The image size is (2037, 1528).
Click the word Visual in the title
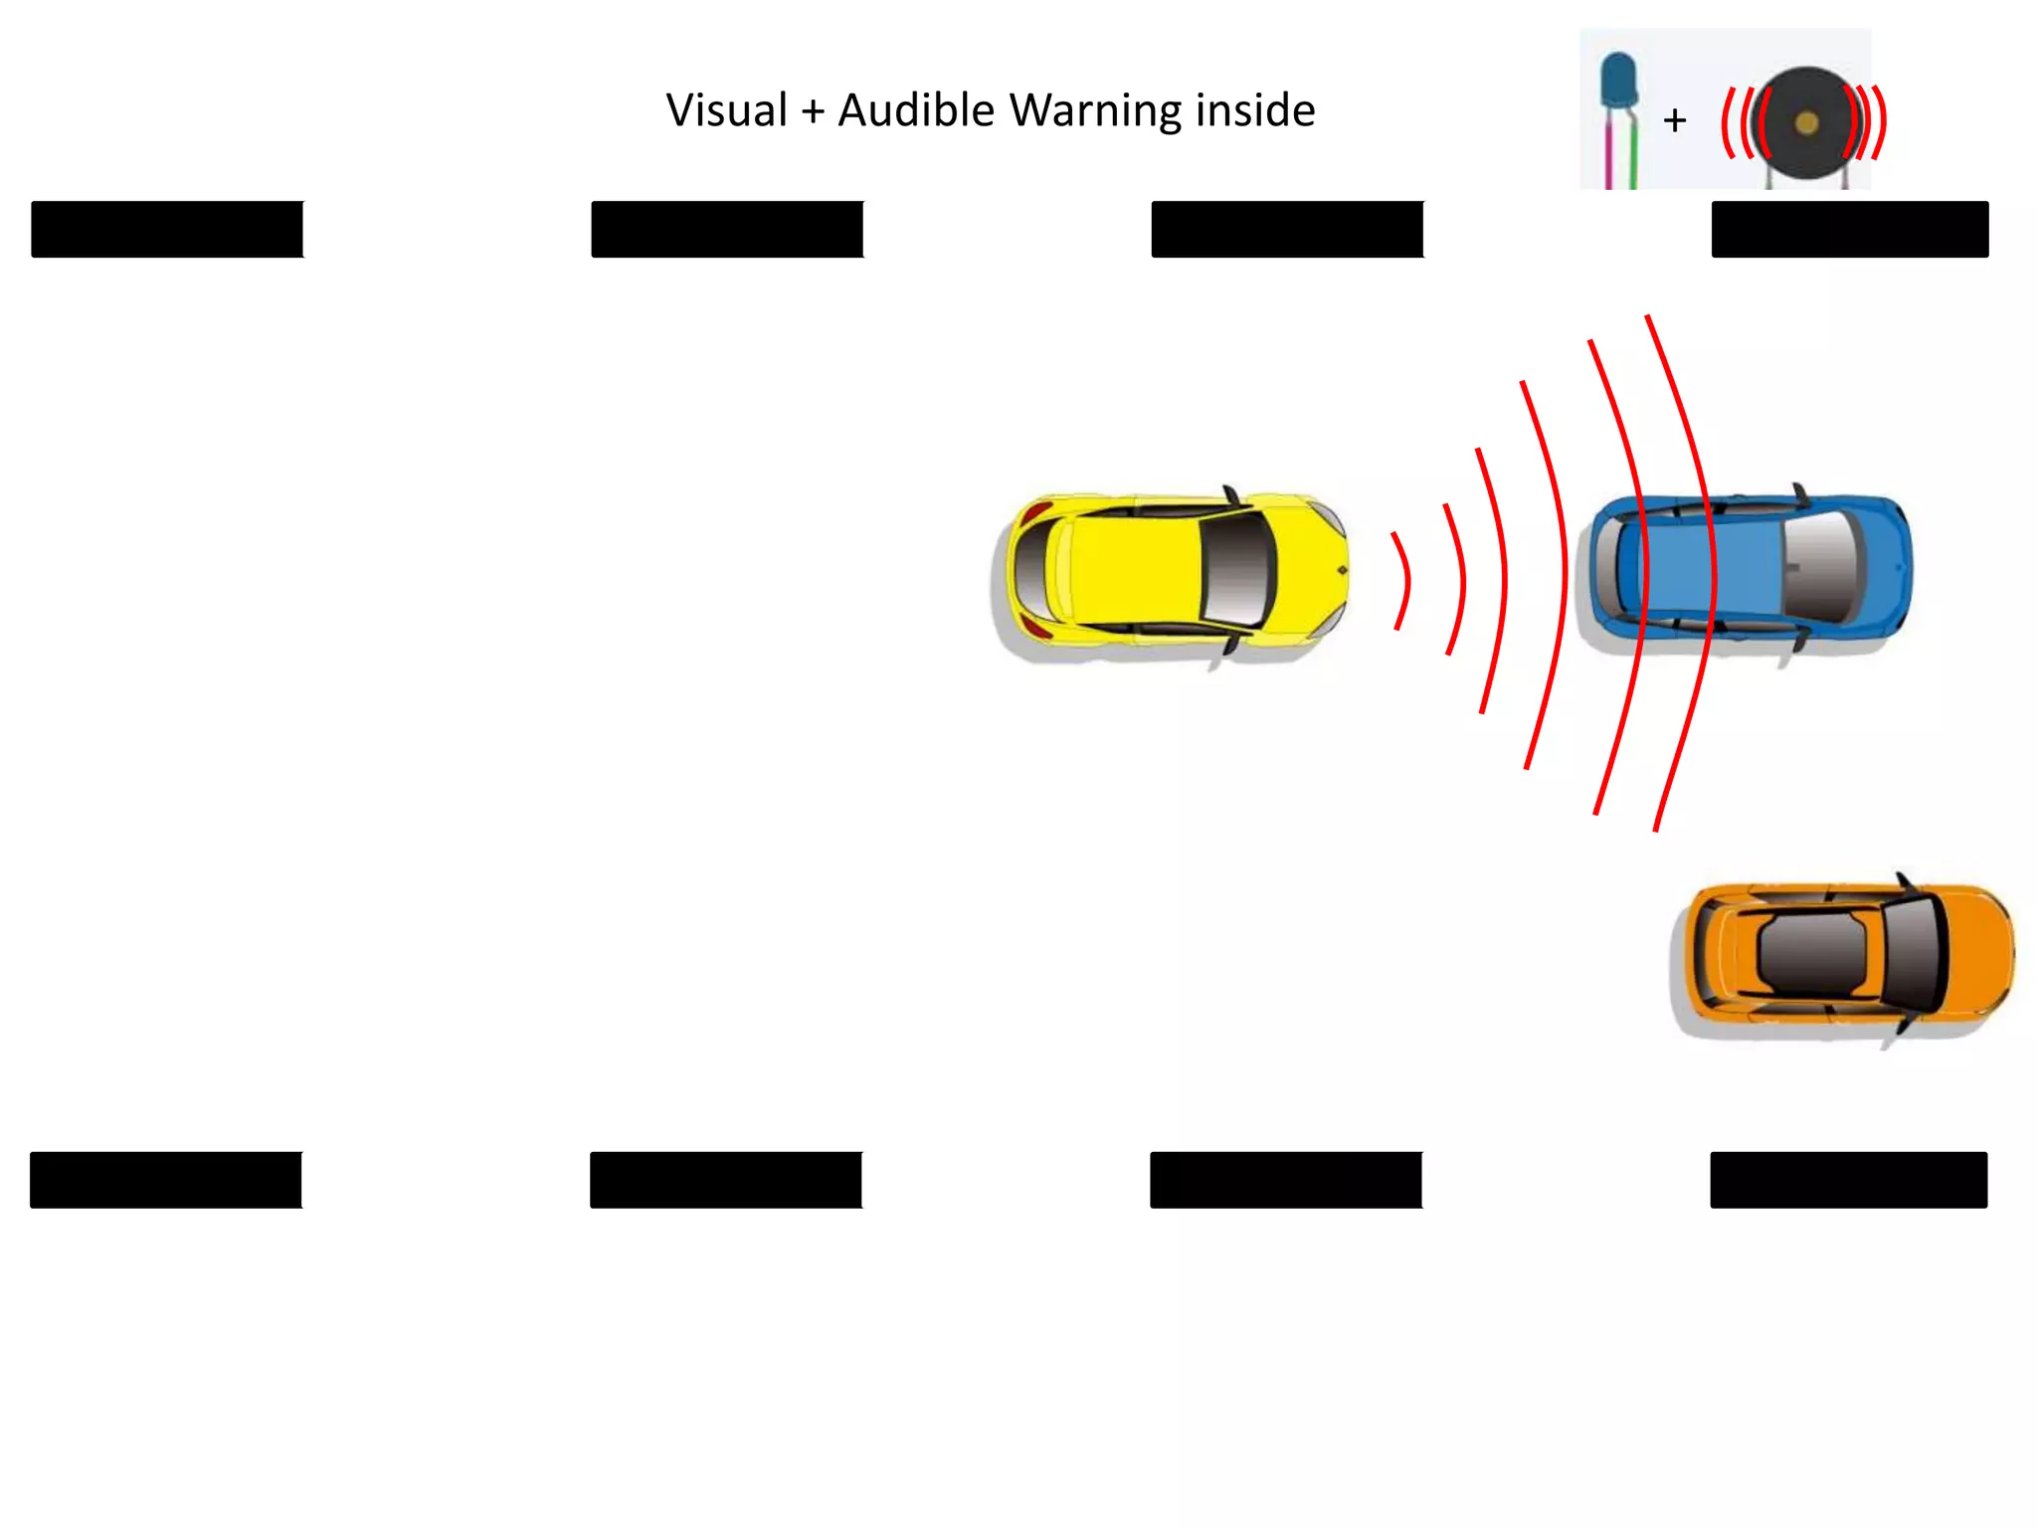coord(726,110)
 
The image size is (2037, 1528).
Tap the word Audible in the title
coord(915,110)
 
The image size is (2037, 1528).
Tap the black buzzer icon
coord(1806,123)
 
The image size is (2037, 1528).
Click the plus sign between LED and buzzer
coord(1675,121)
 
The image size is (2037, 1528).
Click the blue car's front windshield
coord(1820,568)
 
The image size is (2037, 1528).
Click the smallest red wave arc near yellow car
coord(1403,581)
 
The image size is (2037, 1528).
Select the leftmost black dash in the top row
coord(167,230)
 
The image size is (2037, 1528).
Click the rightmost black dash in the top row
coord(1849,230)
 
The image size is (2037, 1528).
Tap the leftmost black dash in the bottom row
coord(166,1180)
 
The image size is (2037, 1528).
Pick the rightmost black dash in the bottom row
coord(1848,1180)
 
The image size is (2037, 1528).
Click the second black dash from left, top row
coord(727,230)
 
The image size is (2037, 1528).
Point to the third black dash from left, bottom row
coord(1286,1180)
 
